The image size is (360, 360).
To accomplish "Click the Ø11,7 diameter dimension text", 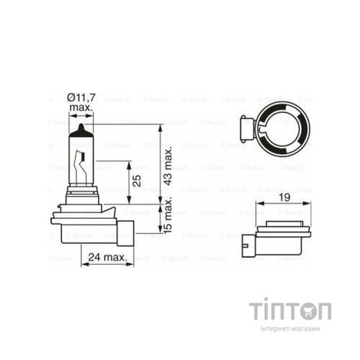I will coord(81,97).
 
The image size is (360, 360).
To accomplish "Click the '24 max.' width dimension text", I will coord(107,256).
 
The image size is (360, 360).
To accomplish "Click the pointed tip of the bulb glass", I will coord(81,126).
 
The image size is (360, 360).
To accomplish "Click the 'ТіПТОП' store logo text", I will coord(290,312).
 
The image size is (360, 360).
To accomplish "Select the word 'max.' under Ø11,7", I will coord(81,107).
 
